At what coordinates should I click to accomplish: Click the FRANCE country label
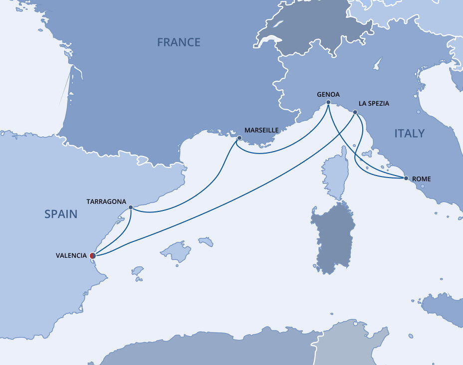179,42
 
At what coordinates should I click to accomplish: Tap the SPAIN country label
61,214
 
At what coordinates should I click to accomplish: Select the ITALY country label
409,133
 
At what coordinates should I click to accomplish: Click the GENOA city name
328,94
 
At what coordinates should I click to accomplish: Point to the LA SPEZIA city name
374,104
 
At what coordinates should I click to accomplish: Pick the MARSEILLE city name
261,130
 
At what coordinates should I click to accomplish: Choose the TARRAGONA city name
106,201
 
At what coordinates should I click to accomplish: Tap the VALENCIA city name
71,256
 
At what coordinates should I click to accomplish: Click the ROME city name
421,179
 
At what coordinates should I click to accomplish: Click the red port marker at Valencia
92,256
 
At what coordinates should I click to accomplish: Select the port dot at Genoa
328,103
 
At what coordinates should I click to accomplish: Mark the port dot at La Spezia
355,112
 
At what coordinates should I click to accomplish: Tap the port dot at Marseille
239,138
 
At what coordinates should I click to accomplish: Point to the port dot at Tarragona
131,207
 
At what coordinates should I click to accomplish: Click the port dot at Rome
406,178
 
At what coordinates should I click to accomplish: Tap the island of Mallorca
176,250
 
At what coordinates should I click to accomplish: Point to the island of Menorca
206,241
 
